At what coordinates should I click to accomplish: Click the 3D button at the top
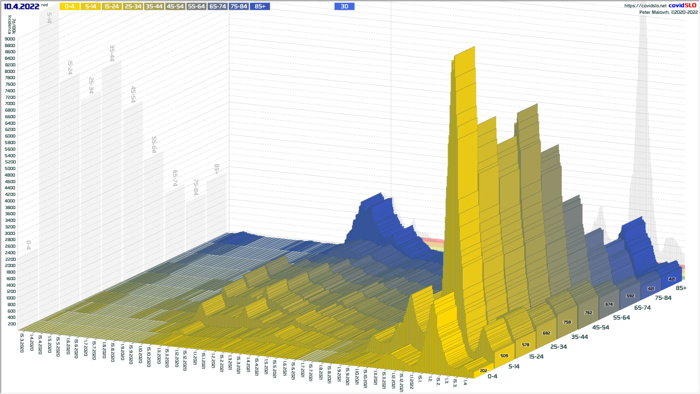tap(344, 7)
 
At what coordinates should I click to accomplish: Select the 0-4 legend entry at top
tap(69, 7)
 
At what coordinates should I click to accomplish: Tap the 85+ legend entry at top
tap(260, 7)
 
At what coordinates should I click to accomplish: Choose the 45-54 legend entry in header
tap(175, 7)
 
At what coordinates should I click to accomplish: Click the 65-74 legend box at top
tap(218, 7)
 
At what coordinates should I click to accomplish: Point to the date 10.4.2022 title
tap(22, 7)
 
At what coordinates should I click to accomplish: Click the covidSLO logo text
tap(682, 5)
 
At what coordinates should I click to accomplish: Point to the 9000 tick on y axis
tap(10, 39)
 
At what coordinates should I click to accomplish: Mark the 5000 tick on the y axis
tap(10, 169)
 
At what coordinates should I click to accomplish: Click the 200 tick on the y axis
tap(12, 324)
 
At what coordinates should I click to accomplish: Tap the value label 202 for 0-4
tap(483, 371)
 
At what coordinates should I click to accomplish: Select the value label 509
tap(504, 356)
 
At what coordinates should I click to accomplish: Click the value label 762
tap(588, 313)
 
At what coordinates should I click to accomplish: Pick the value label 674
tap(609, 304)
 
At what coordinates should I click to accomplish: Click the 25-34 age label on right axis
tap(559, 347)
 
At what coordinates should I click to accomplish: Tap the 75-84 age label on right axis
tap(663, 298)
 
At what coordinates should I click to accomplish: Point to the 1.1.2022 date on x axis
tap(411, 382)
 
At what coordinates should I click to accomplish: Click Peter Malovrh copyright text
tap(668, 12)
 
